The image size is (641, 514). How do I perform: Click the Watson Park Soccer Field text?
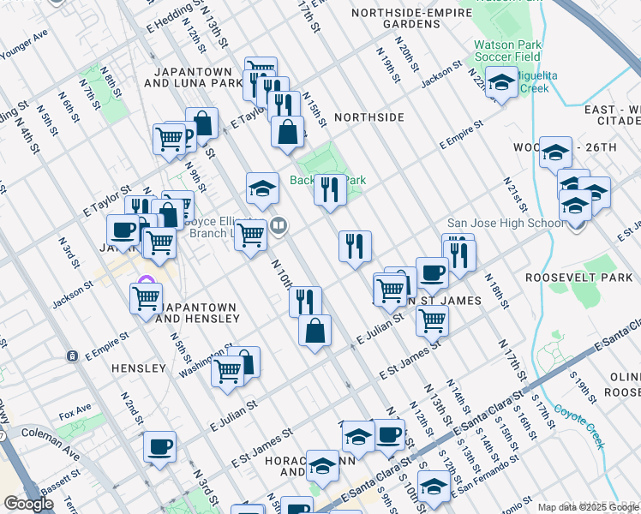tap(499, 52)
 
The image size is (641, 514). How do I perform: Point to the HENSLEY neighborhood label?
tap(138, 368)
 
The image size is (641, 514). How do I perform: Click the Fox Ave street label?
tap(75, 415)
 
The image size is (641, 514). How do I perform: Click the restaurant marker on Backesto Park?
tap(330, 189)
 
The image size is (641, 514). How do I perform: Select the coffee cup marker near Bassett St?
tap(159, 446)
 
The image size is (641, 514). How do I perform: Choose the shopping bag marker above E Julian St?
tap(315, 330)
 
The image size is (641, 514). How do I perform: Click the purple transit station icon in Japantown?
tap(147, 284)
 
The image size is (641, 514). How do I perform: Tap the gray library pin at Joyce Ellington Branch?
tap(279, 226)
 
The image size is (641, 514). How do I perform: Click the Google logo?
tap(27, 504)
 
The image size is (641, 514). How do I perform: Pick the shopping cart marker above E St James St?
tap(432, 321)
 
